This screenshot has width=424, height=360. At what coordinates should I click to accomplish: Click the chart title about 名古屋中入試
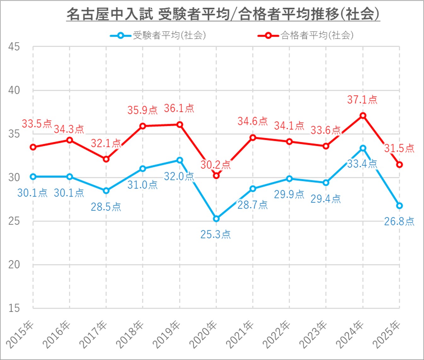pos(223,14)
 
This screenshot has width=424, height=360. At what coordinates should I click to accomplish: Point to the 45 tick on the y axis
pos(14,47)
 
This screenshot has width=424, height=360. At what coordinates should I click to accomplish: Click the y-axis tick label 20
pos(14,264)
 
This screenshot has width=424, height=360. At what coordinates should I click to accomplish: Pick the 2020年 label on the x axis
pos(204,334)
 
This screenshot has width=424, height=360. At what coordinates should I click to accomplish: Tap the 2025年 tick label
pos(387,334)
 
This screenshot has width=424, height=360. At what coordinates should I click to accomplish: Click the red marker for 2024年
pos(363,116)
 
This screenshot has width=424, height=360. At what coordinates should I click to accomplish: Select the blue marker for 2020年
pos(216,219)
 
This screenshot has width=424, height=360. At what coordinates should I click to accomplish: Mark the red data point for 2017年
pos(106,159)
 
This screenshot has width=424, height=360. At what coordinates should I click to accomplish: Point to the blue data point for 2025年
pos(399,206)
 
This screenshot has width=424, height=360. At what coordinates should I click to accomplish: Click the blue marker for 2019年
pos(180,160)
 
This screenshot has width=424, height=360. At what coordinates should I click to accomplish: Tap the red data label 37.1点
pos(362,100)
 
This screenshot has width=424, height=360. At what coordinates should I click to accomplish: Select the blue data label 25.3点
pos(216,234)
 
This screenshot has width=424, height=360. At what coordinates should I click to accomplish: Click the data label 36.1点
pos(179,109)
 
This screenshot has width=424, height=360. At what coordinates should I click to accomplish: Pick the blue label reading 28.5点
pos(106,207)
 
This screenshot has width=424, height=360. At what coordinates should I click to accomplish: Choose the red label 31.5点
pos(399,148)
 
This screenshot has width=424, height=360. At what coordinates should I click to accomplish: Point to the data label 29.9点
pos(289,194)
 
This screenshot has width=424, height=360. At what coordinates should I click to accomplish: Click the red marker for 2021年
pos(253,138)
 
